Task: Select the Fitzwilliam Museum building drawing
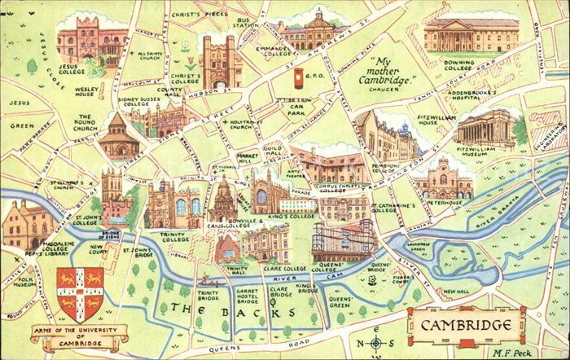click(486, 130)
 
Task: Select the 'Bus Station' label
click(243, 20)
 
